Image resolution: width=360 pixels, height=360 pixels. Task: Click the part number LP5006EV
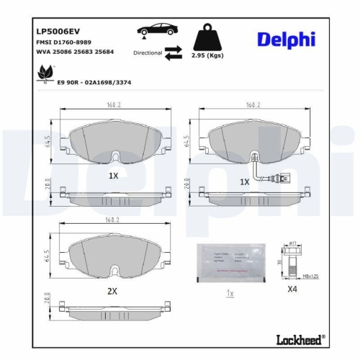click(x=58, y=31)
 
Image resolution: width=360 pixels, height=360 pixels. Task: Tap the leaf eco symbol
click(x=45, y=73)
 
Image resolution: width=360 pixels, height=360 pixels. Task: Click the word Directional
click(x=147, y=53)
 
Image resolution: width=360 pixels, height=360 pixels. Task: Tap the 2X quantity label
click(x=112, y=292)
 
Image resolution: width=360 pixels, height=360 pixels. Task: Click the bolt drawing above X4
click(x=292, y=261)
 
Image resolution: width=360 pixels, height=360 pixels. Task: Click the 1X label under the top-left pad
click(x=112, y=176)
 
